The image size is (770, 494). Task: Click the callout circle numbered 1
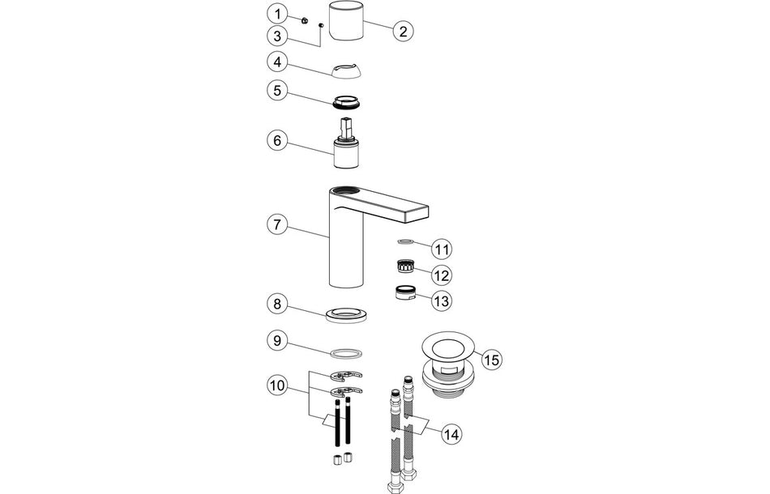click(x=278, y=15)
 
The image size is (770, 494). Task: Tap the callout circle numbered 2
click(x=403, y=32)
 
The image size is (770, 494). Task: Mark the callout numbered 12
click(x=441, y=274)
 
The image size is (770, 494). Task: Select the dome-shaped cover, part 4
click(x=346, y=70)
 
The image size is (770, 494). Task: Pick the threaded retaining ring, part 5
click(x=346, y=103)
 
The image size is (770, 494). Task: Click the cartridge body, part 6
click(x=346, y=151)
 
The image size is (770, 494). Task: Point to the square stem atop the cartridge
click(x=346, y=126)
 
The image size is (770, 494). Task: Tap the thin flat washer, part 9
click(x=346, y=353)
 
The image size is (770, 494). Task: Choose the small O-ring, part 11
click(x=406, y=241)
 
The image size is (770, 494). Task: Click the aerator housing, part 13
click(x=405, y=293)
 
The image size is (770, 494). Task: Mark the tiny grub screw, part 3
click(x=322, y=26)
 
